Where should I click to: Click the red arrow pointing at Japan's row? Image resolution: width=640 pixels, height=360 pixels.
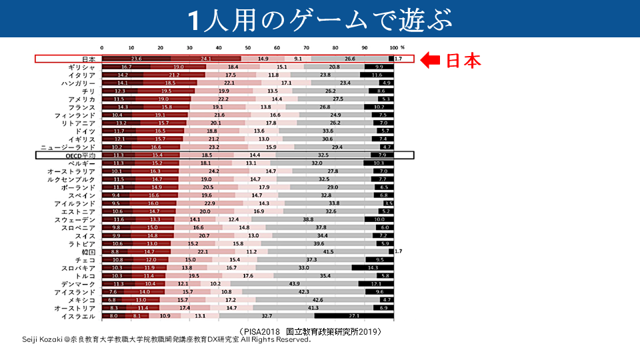[x=431, y=61]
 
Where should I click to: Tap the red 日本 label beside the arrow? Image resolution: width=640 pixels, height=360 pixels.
[x=463, y=61]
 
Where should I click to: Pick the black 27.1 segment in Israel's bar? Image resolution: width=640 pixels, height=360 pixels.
[x=354, y=315]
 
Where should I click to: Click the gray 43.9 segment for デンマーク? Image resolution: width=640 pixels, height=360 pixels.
[x=294, y=284]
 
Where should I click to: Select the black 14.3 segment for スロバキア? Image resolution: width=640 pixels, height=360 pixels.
[x=373, y=268]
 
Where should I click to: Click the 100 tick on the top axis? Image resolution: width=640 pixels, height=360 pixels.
[x=393, y=47]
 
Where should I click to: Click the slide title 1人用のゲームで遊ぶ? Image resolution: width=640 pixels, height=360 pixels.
[x=319, y=19]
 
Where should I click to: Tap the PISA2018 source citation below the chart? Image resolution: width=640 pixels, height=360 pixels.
[x=309, y=331]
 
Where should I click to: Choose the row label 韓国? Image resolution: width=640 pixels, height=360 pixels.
[x=89, y=253]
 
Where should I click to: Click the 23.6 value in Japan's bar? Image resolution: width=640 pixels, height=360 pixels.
[x=137, y=59]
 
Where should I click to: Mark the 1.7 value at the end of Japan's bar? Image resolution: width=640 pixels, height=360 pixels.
[x=398, y=59]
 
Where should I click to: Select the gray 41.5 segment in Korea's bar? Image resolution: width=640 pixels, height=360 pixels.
[x=328, y=253]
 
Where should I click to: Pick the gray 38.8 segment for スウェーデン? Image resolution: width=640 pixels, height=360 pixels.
[x=307, y=219]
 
